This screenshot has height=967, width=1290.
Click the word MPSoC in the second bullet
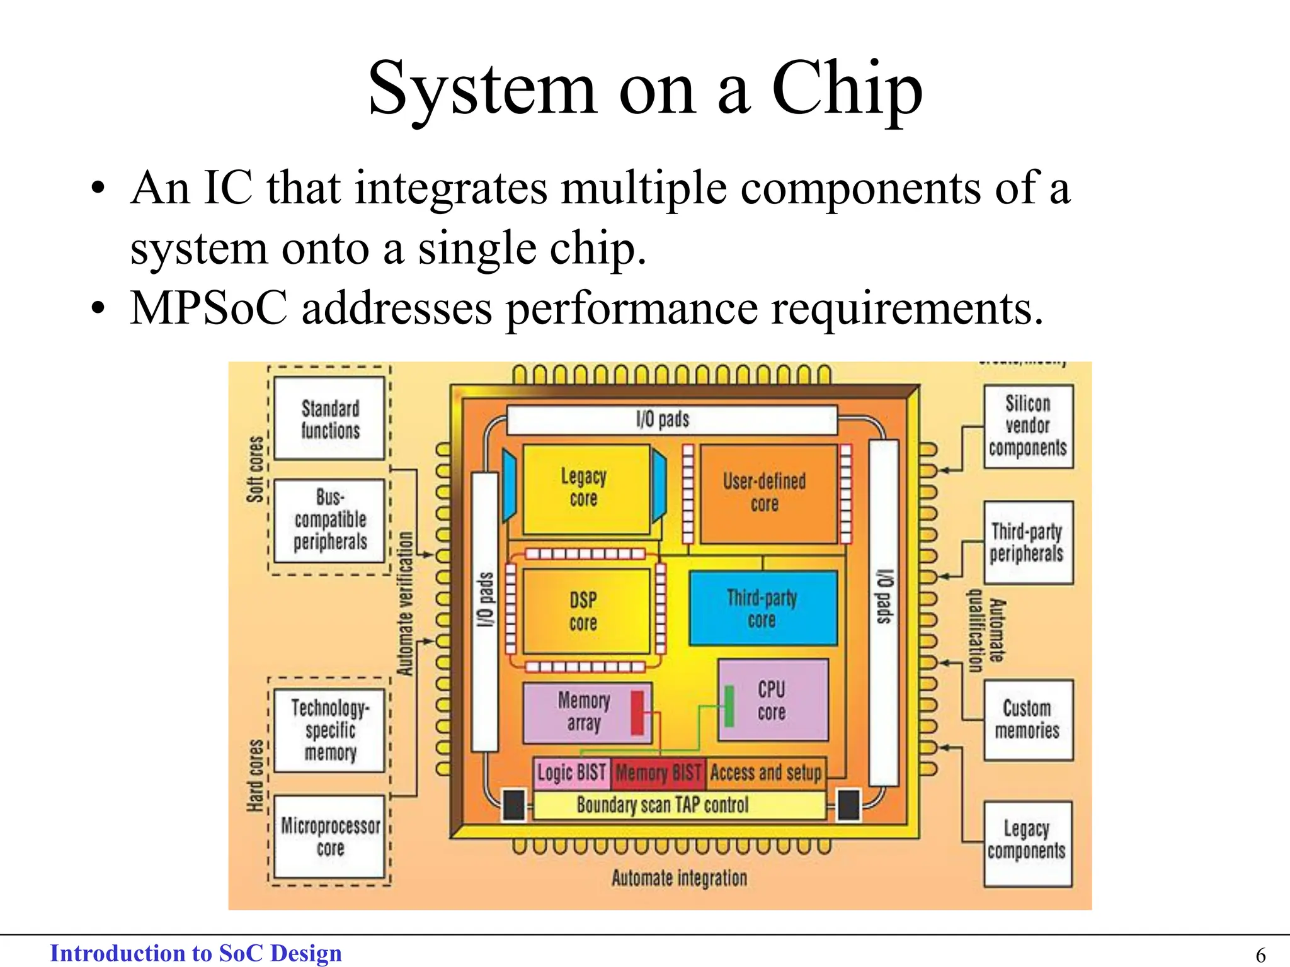coord(208,308)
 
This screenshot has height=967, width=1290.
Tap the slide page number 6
coord(1260,954)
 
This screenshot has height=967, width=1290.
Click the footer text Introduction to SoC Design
coord(196,953)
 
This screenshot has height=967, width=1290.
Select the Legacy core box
coord(585,488)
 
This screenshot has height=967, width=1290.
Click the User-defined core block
coord(765,493)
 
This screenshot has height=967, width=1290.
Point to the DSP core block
coord(583,611)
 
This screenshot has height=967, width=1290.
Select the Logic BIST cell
coord(571,772)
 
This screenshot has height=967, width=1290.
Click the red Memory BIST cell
coord(658,772)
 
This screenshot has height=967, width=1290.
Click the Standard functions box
coord(330,419)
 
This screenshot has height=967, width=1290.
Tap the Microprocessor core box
coord(330,836)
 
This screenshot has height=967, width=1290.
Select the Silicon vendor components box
coord(1028,426)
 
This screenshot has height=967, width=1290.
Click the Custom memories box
coord(1027,720)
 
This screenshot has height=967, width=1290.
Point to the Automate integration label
coord(679,878)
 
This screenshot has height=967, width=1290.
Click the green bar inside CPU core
coord(729,706)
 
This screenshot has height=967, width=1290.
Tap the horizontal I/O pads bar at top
coord(671,419)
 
